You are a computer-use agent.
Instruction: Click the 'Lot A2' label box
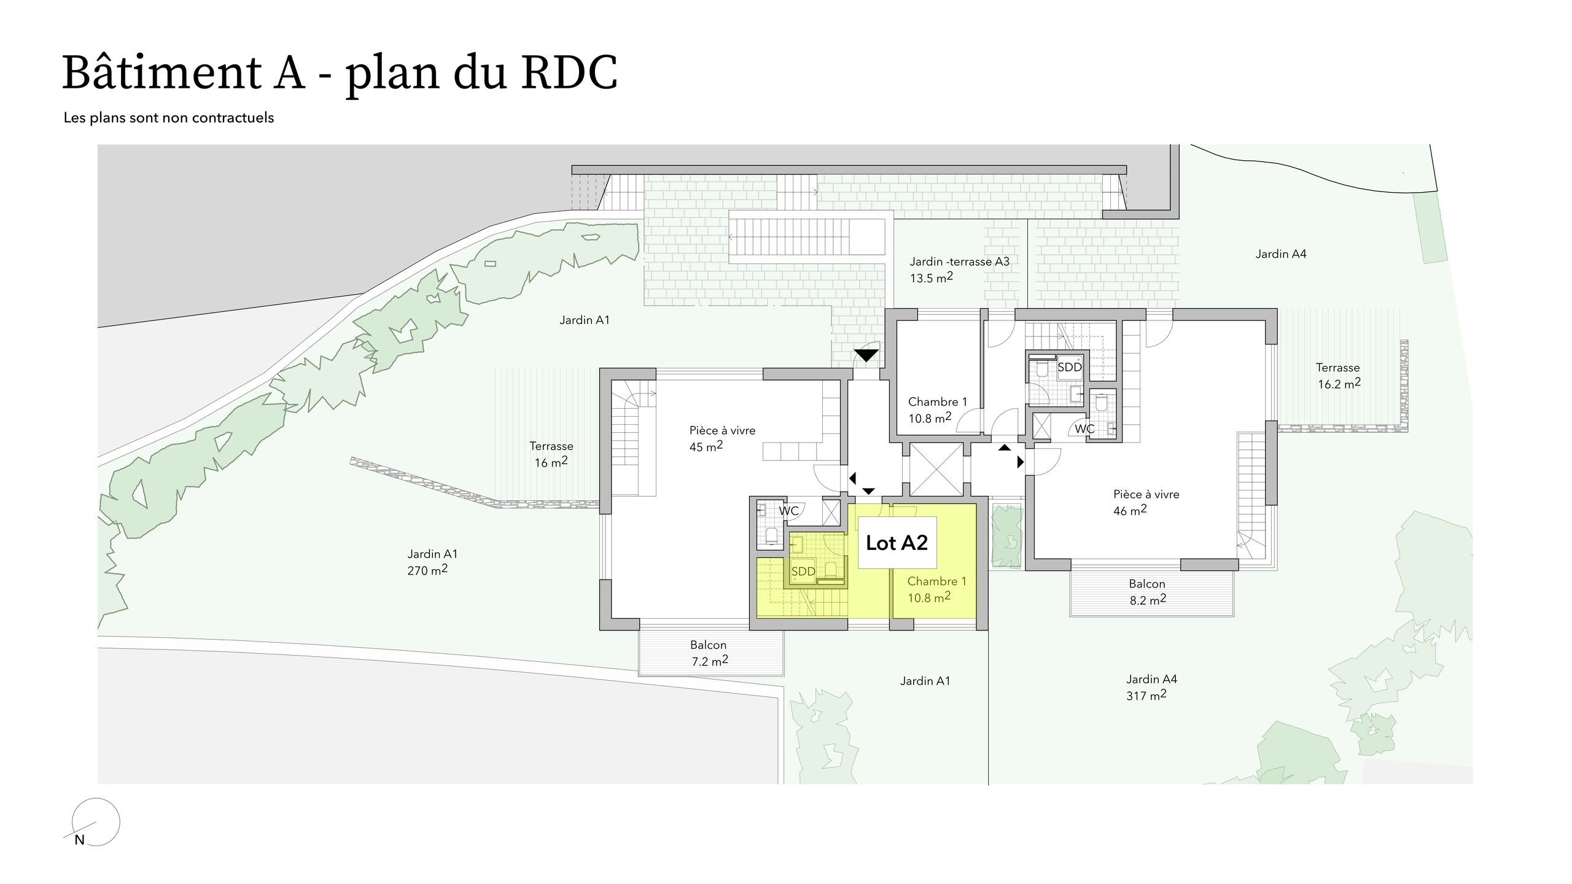[897, 543]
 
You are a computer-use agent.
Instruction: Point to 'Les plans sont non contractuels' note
[169, 118]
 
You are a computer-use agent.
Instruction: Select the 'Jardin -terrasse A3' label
[959, 262]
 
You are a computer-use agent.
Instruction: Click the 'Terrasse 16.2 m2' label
[1338, 376]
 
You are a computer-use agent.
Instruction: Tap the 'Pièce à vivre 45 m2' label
[722, 438]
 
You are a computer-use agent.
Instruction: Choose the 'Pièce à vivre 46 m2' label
[1146, 502]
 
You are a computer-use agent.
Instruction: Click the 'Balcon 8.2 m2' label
[1147, 592]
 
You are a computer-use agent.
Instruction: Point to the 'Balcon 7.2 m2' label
[709, 653]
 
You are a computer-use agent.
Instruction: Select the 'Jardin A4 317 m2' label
[1151, 687]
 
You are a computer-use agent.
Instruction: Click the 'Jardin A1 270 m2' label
[432, 562]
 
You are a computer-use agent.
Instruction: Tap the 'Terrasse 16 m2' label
[551, 454]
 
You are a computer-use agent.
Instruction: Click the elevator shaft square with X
[936, 469]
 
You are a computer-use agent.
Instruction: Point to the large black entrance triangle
[866, 355]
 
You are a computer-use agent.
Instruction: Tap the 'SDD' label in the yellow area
[803, 572]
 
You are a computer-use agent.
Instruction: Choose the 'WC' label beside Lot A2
[788, 511]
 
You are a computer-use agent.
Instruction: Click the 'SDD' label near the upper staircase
[1070, 367]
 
